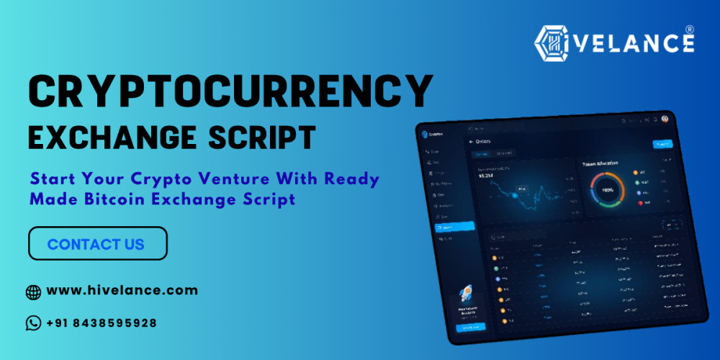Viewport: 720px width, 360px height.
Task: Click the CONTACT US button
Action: [97, 243]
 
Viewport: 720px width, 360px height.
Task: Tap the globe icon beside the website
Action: [33, 292]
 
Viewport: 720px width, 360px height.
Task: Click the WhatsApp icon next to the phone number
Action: [33, 323]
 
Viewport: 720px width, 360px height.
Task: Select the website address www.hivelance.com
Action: [122, 291]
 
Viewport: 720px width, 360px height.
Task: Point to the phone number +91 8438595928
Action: [102, 323]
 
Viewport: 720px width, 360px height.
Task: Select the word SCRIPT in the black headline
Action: [258, 137]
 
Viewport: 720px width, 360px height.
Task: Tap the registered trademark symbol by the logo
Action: [690, 30]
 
